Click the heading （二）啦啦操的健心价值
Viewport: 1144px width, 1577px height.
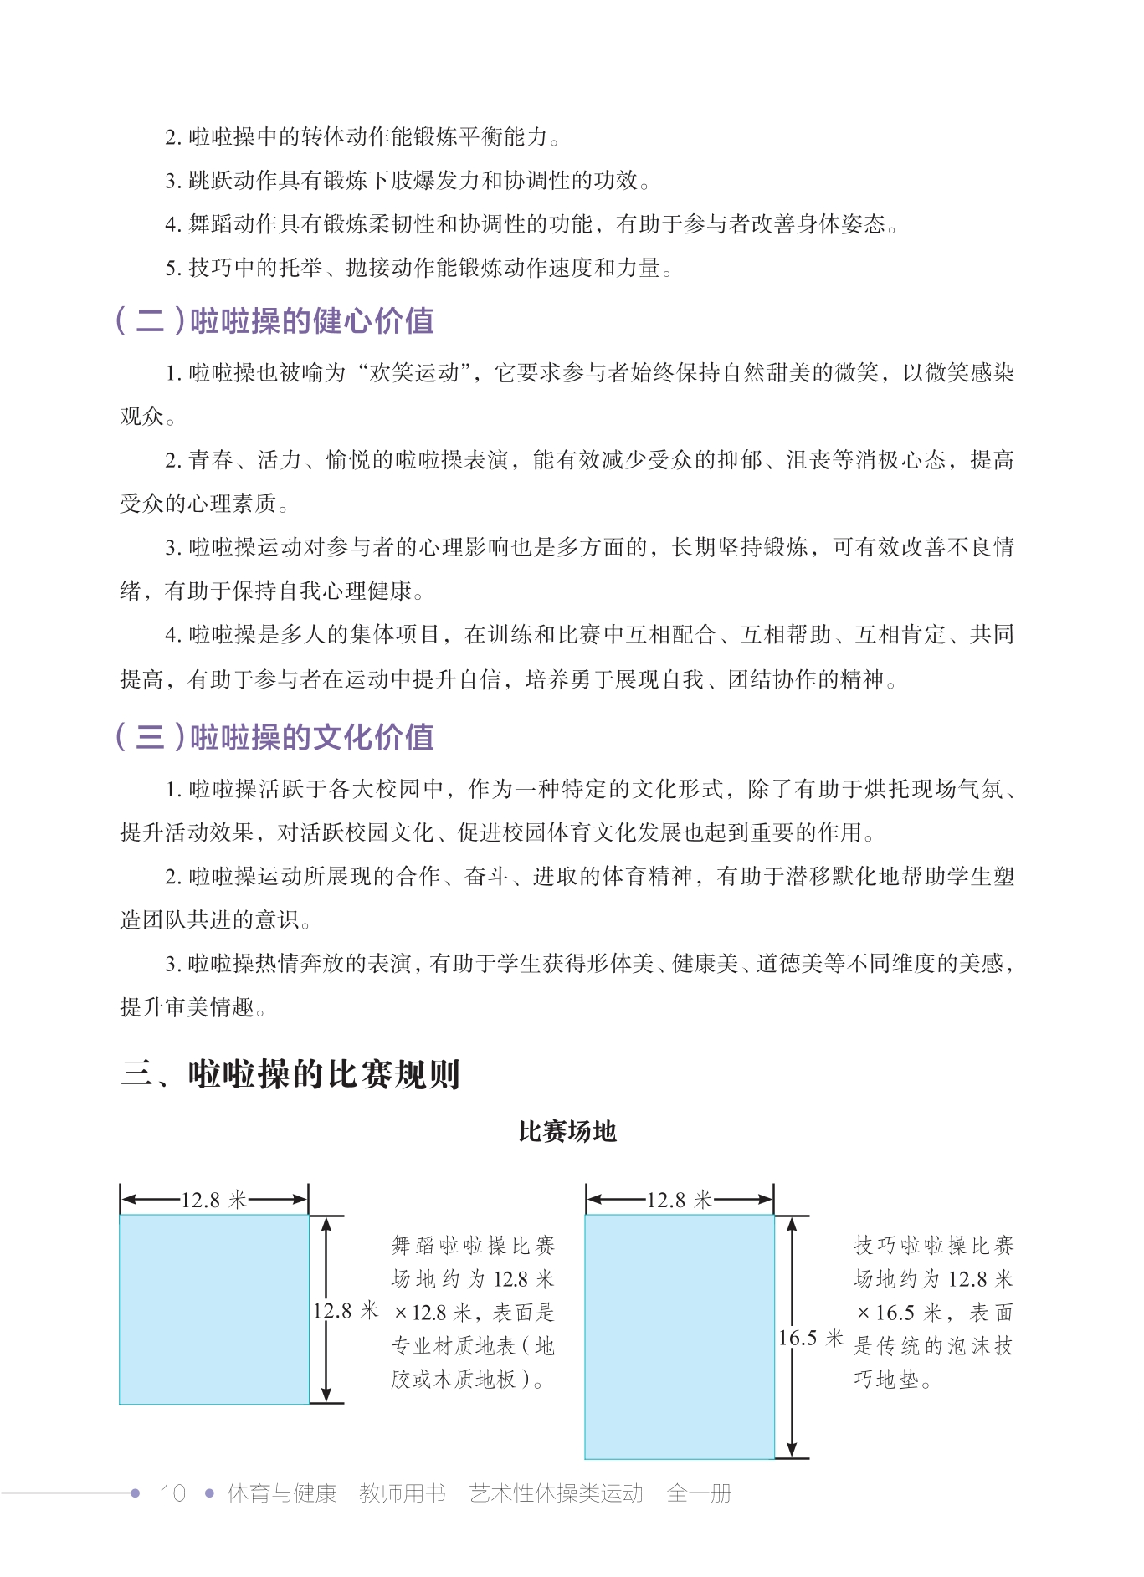(x=274, y=321)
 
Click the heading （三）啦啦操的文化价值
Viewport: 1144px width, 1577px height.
(x=274, y=737)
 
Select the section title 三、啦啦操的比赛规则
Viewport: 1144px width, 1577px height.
(x=290, y=1074)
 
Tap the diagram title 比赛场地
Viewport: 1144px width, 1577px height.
(x=567, y=1132)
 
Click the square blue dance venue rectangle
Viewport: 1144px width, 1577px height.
(x=213, y=1309)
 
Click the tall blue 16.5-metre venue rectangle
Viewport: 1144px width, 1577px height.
(x=679, y=1337)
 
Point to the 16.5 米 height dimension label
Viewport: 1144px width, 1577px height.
(x=810, y=1337)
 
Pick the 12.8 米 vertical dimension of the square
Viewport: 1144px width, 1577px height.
(x=346, y=1310)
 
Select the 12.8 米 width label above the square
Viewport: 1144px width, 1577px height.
(x=213, y=1200)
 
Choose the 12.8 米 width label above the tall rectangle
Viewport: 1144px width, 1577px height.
(x=679, y=1200)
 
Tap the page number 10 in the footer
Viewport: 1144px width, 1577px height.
(x=172, y=1493)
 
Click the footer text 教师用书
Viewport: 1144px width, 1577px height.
(x=403, y=1493)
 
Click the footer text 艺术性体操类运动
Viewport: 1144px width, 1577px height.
(x=556, y=1493)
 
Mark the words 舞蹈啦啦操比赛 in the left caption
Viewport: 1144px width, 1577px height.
(x=473, y=1246)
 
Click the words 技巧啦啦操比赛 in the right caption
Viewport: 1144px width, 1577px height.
(x=933, y=1246)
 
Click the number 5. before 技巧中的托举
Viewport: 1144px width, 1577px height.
(x=173, y=269)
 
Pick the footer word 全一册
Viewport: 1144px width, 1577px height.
(x=699, y=1493)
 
